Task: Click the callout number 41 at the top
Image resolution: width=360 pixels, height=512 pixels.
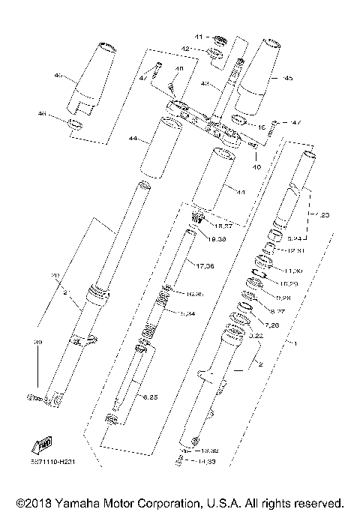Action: [199, 37]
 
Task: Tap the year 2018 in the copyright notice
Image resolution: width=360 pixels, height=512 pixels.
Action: [28, 502]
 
